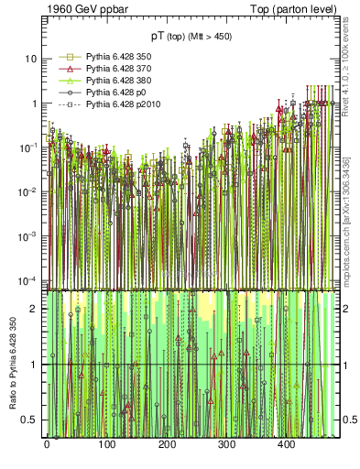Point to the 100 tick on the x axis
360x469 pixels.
pyautogui.click(x=106, y=444)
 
